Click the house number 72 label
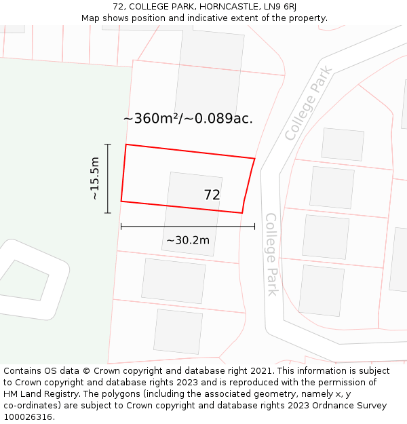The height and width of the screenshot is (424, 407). click(x=212, y=195)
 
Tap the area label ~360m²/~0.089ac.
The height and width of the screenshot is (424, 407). click(x=188, y=118)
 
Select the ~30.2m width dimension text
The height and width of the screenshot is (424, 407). click(x=188, y=240)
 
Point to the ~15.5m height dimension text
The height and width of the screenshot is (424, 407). click(x=95, y=178)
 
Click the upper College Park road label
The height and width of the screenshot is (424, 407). click(x=309, y=103)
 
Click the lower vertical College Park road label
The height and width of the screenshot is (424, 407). click(x=271, y=254)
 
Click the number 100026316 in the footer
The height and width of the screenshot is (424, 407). click(x=28, y=417)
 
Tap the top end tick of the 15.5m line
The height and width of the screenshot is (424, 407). click(x=107, y=144)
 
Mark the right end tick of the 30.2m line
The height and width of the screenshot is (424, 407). click(x=254, y=226)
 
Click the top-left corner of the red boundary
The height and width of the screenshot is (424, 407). click(x=126, y=144)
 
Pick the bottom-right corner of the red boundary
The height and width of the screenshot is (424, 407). click(x=242, y=213)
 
